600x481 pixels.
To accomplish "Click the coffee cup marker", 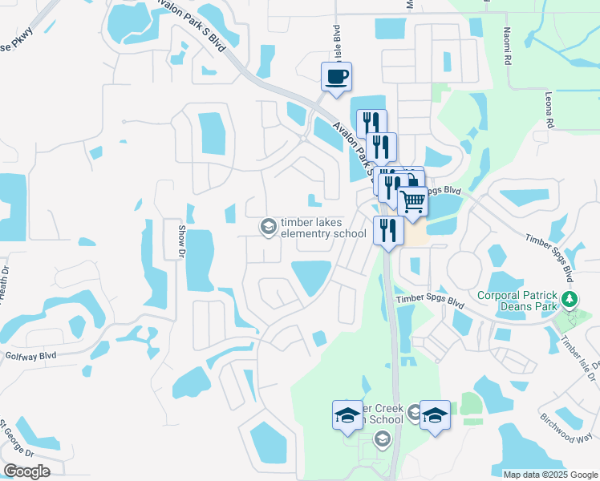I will coord(336,77).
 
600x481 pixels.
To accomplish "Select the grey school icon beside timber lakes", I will coord(268,228).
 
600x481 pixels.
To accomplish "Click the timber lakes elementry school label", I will coord(322,228).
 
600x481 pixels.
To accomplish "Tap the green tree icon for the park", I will coord(570,300).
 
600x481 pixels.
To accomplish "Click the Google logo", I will coord(26,471).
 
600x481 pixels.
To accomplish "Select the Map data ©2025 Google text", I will coord(549,475).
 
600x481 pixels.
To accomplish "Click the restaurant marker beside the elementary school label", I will coord(388,230).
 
